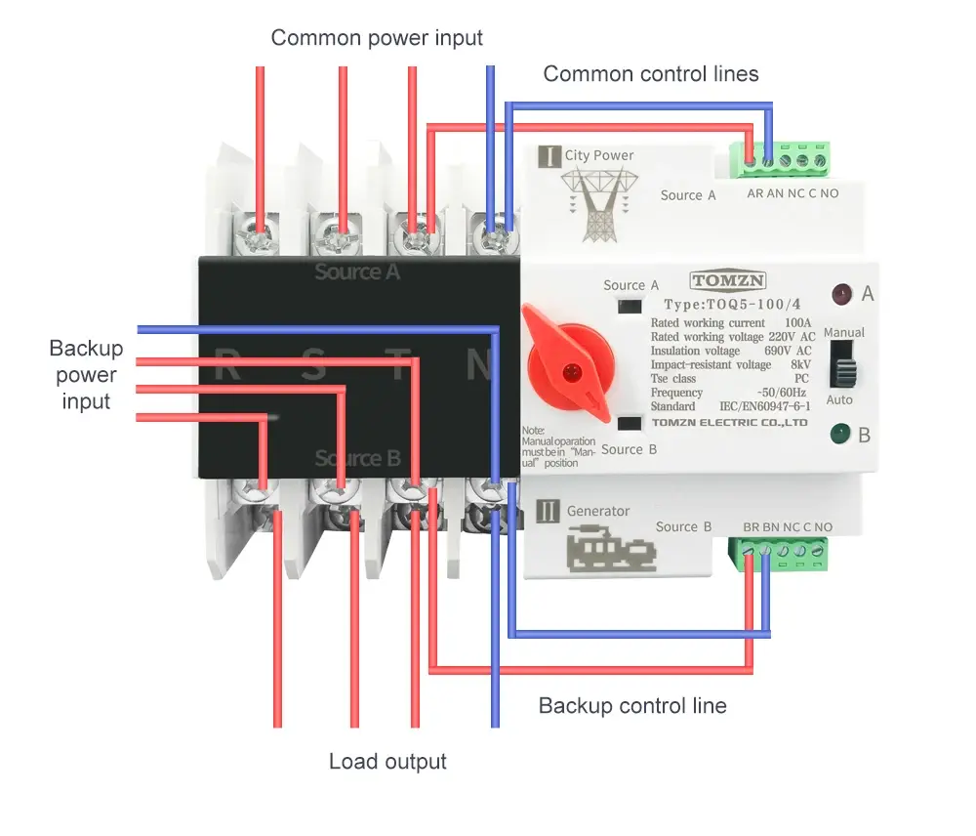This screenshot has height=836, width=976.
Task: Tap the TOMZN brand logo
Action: (x=728, y=281)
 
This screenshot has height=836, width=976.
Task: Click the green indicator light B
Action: (x=838, y=433)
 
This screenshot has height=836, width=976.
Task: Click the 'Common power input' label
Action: (x=377, y=38)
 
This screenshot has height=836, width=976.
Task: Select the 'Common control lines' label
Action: (x=650, y=73)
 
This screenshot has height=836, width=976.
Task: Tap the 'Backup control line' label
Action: (x=632, y=705)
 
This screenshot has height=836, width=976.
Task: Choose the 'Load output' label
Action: (x=387, y=762)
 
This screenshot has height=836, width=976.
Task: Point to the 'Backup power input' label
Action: (x=86, y=375)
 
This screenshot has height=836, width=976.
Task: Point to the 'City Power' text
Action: (x=598, y=155)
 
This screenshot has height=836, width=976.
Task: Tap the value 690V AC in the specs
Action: (x=790, y=351)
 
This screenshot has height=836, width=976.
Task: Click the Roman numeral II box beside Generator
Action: (x=549, y=511)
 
